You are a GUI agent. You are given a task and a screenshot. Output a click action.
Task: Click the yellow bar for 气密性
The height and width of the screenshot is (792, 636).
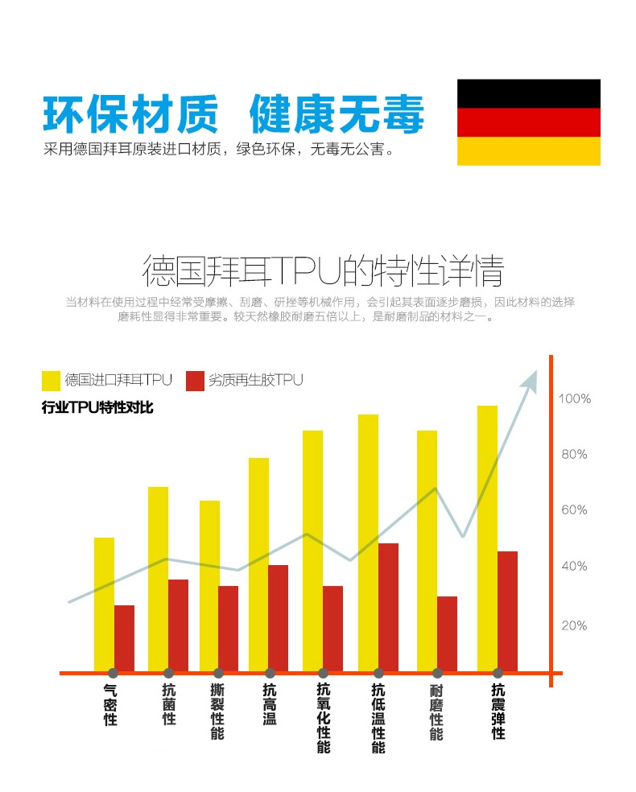104,604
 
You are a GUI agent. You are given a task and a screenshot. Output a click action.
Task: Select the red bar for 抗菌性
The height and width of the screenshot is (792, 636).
178,625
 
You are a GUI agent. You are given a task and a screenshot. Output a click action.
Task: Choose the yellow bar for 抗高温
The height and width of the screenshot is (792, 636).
258,563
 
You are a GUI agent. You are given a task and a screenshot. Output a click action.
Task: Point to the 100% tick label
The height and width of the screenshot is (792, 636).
575,398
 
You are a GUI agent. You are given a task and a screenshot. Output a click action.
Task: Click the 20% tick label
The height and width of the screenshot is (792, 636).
574,625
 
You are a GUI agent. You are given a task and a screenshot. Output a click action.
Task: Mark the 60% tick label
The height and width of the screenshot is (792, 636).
574,509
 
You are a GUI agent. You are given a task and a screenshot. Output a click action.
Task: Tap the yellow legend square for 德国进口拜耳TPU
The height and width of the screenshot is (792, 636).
51,380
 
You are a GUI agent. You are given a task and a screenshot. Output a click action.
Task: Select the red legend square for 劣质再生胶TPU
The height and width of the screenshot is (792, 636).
195,380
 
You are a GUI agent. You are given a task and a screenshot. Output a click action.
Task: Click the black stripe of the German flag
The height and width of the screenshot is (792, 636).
528,93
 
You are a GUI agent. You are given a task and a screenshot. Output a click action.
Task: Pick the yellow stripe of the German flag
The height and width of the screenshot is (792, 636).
528,151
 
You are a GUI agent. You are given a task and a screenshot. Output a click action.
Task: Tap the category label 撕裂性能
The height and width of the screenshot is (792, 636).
217,712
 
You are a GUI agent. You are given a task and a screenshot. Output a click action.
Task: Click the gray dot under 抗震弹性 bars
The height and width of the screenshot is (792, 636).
498,673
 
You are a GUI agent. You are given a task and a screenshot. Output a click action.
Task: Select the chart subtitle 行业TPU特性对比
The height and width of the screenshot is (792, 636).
97,408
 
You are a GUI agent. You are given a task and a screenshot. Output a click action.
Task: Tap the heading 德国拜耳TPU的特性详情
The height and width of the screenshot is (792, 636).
322,271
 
